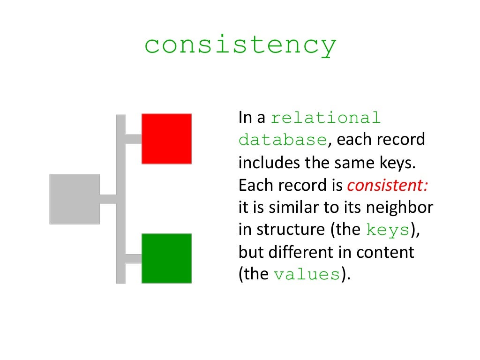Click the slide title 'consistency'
[x=240, y=46]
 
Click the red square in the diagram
[x=166, y=138]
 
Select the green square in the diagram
[x=166, y=258]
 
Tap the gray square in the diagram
[x=75, y=199]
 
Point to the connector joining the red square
[x=134, y=139]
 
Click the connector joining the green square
[x=134, y=259]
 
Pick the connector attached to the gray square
[x=108, y=199]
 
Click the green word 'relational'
[x=326, y=118]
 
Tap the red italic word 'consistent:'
[x=387, y=186]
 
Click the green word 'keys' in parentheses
[x=388, y=230]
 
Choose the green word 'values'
[x=307, y=275]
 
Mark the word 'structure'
[x=290, y=230]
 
